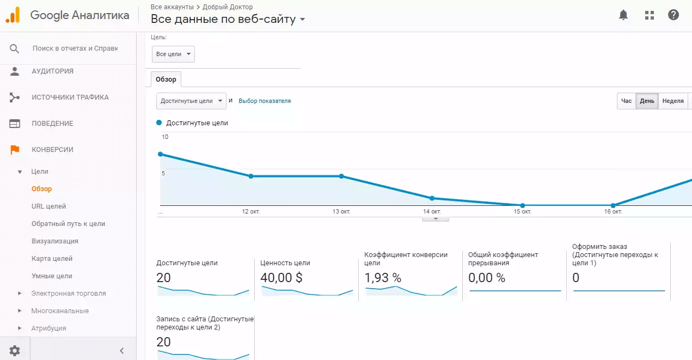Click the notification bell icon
623,15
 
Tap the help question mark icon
673,15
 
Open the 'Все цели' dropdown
173,54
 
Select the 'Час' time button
627,101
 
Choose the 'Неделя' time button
673,101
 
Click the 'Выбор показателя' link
265,101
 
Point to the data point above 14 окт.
432,198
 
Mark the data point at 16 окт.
613,205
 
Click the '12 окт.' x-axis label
251,211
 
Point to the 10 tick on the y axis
165,137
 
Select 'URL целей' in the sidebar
48,206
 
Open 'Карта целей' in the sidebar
52,259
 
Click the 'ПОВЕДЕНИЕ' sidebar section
52,124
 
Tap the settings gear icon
15,351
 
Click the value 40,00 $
281,278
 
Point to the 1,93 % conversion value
382,278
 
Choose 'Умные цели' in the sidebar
52,276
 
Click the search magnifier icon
15,48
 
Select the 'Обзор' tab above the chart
166,80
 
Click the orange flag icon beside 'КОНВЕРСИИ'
15,150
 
